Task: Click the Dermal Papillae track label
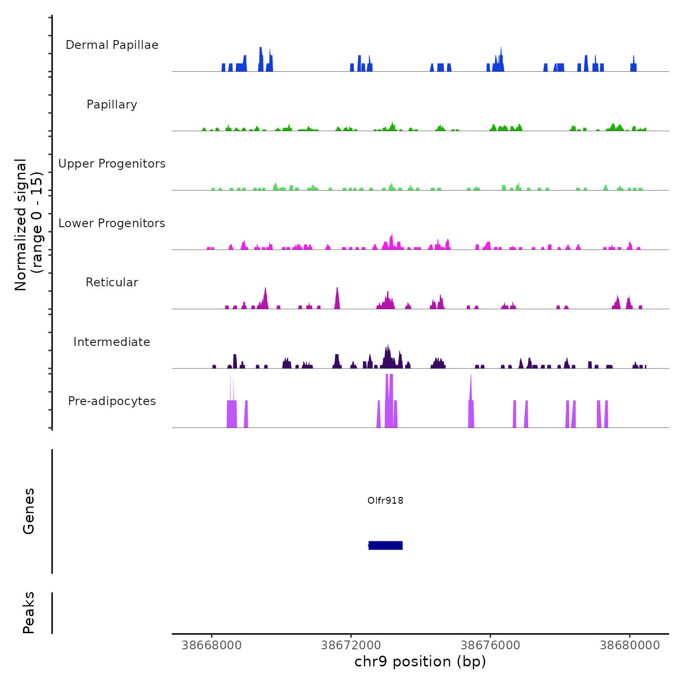pyautogui.click(x=112, y=45)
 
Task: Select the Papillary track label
pyautogui.click(x=112, y=105)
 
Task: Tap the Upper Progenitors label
pyautogui.click(x=112, y=164)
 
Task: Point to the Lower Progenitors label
pyautogui.click(x=112, y=223)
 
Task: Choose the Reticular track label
pyautogui.click(x=112, y=282)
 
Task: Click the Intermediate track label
pyautogui.click(x=112, y=342)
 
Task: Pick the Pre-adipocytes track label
pyautogui.click(x=112, y=401)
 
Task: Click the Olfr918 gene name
pyautogui.click(x=385, y=500)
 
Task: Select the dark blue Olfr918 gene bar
pyautogui.click(x=385, y=545)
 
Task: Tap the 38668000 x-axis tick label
pyautogui.click(x=212, y=645)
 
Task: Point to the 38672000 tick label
pyautogui.click(x=351, y=645)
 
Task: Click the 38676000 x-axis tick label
pyautogui.click(x=491, y=645)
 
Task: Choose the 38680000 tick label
pyautogui.click(x=630, y=645)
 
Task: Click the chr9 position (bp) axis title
pyautogui.click(x=420, y=662)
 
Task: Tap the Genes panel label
pyautogui.click(x=29, y=511)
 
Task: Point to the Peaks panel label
pyautogui.click(x=29, y=613)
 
